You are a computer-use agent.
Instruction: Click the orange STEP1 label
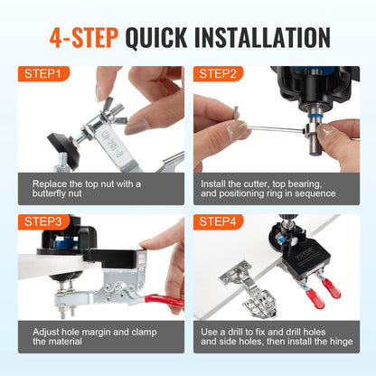tap(42, 75)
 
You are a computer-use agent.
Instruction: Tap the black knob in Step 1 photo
tap(64, 143)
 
